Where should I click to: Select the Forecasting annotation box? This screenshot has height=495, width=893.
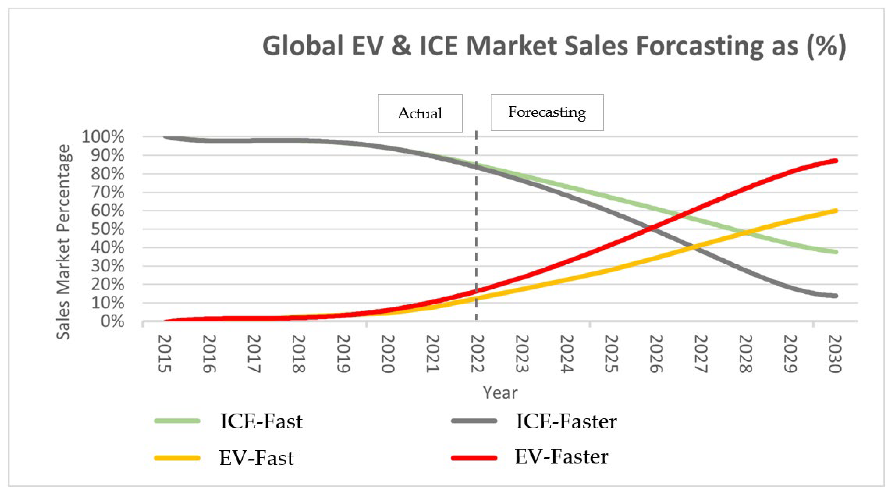[547, 112]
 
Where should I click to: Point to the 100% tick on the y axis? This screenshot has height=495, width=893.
[103, 137]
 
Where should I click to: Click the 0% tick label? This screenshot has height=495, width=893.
[112, 321]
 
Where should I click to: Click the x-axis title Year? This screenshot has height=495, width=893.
[500, 393]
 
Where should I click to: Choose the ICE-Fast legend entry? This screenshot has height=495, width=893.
[261, 421]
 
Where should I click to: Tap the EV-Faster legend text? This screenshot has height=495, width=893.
[561, 456]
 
